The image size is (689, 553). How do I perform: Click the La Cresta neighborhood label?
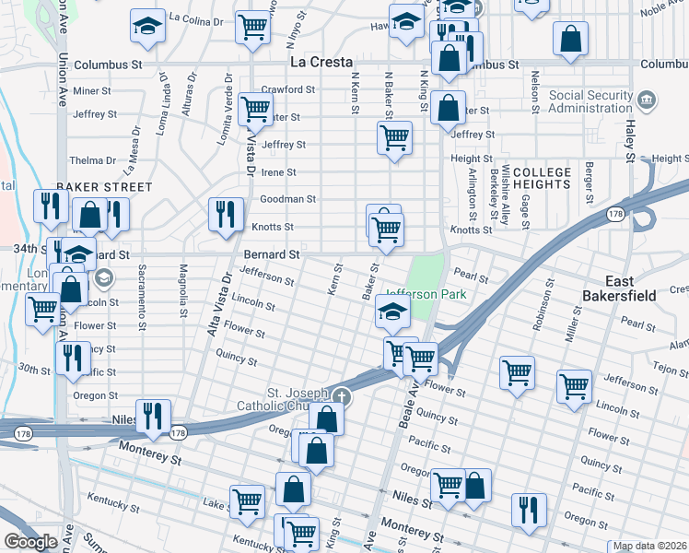[x=321, y=63]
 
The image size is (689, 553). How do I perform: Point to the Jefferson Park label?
[x=425, y=294]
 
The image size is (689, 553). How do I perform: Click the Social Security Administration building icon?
[x=647, y=99]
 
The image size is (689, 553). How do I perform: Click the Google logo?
[x=30, y=541]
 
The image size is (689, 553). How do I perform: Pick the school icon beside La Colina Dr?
[x=146, y=28]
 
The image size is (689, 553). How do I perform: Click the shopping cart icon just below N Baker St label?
[x=394, y=138]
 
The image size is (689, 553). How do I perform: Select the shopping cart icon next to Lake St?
[x=248, y=501]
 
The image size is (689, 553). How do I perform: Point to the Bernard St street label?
[x=272, y=253]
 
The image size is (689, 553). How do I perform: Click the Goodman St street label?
[x=287, y=198]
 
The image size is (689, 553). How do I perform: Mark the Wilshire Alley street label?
[x=506, y=202]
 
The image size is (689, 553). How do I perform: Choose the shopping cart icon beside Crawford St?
[x=255, y=109]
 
